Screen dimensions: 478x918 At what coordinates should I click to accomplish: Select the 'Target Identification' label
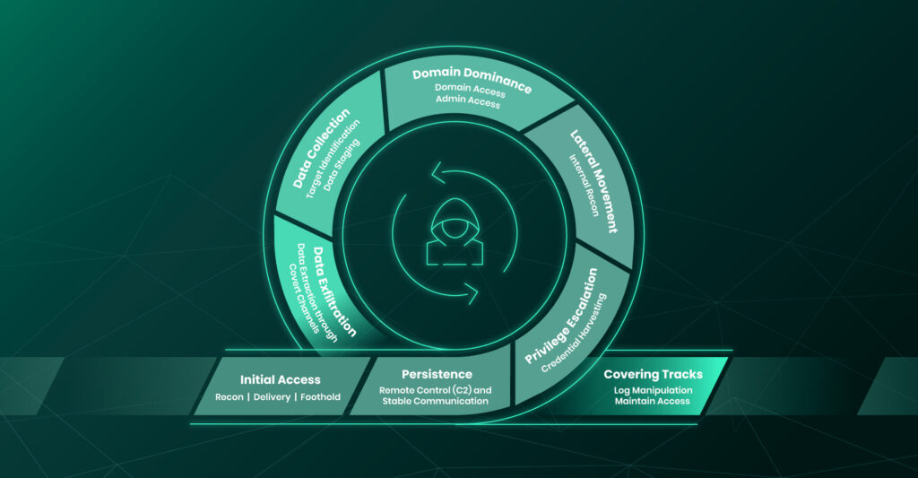331,159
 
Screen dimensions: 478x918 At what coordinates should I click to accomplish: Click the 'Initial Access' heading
281,379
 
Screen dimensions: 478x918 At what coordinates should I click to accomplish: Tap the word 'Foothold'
320,396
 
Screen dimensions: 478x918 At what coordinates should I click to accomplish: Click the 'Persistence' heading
437,374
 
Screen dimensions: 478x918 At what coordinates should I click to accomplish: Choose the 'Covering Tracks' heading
653,374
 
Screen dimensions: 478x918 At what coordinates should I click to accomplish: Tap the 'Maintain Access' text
652,401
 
